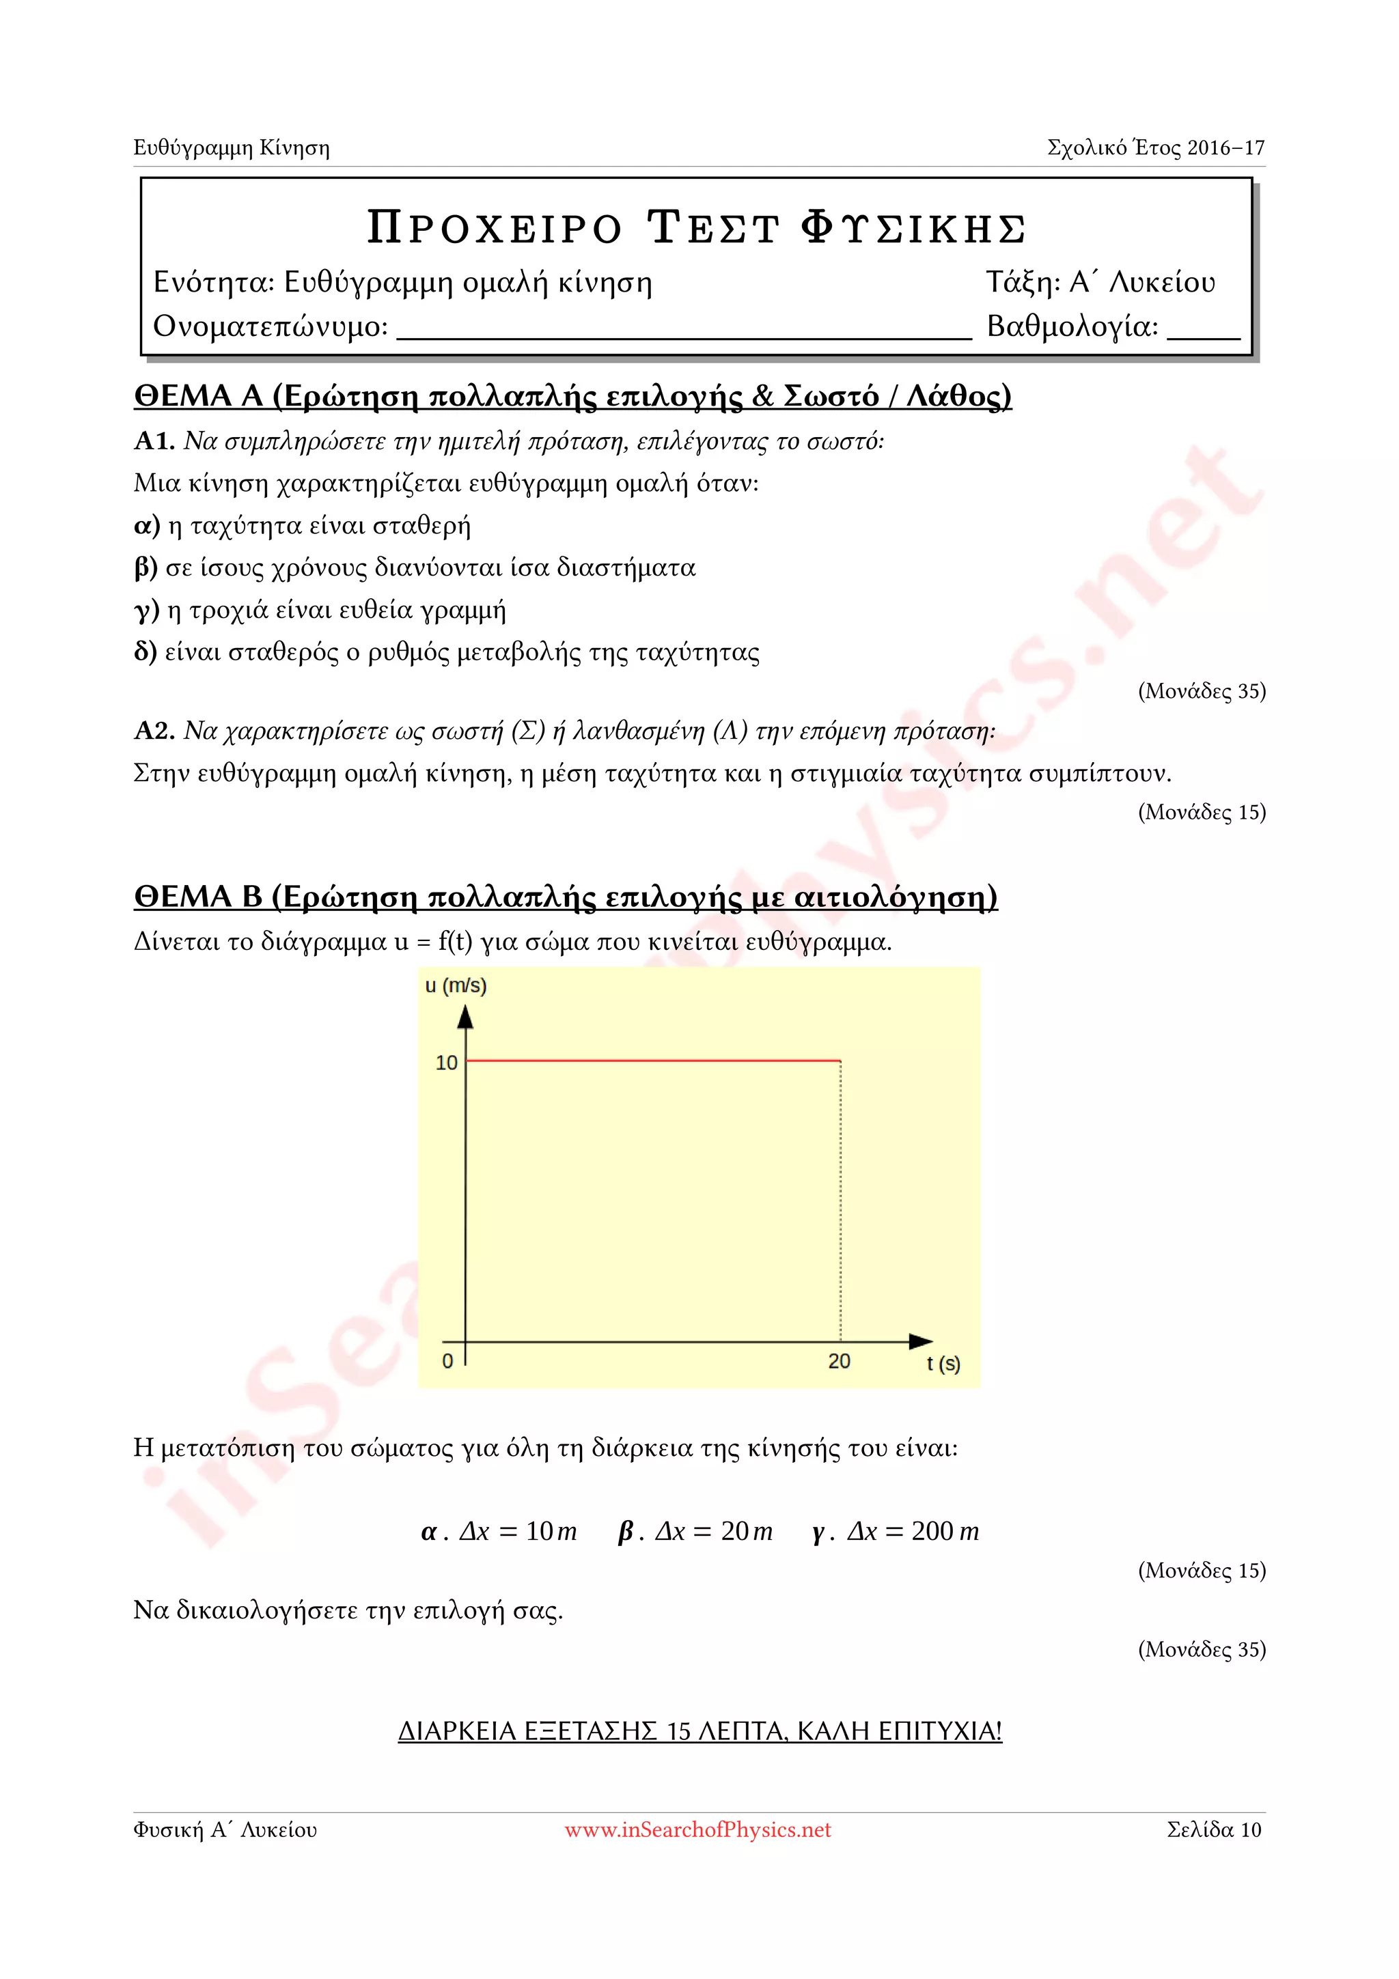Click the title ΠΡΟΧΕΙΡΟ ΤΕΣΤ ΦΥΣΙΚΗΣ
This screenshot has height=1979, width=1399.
pos(697,228)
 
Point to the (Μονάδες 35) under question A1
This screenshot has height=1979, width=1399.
pos(1202,691)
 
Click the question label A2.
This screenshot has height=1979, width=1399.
pos(154,731)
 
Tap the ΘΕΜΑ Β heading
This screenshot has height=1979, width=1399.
pos(566,897)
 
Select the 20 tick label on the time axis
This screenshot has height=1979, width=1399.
pos(839,1361)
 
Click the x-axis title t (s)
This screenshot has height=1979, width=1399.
pos(943,1364)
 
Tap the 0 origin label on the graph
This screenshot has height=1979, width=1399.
pos(447,1361)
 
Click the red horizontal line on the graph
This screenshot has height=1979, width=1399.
pos(652,1060)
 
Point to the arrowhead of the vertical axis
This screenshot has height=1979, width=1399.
pos(465,1018)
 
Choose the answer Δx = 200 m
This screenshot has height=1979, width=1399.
pos(896,1532)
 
